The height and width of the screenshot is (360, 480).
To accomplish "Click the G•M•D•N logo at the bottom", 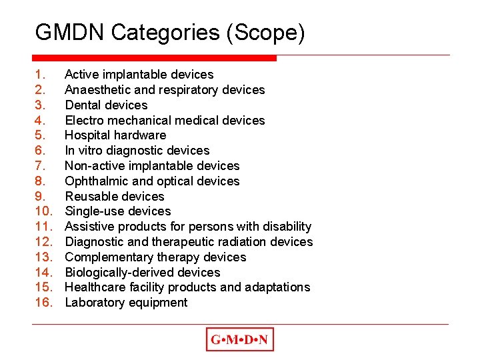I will (x=240, y=340).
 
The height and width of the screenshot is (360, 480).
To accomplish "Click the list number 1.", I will (x=41, y=75).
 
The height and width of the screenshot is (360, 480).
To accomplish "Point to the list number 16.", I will (x=43, y=303).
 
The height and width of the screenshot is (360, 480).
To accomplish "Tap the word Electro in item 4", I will (x=85, y=121).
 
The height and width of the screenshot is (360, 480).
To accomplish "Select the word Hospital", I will (x=89, y=135).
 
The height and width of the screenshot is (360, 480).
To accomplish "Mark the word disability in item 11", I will (x=286, y=227).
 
